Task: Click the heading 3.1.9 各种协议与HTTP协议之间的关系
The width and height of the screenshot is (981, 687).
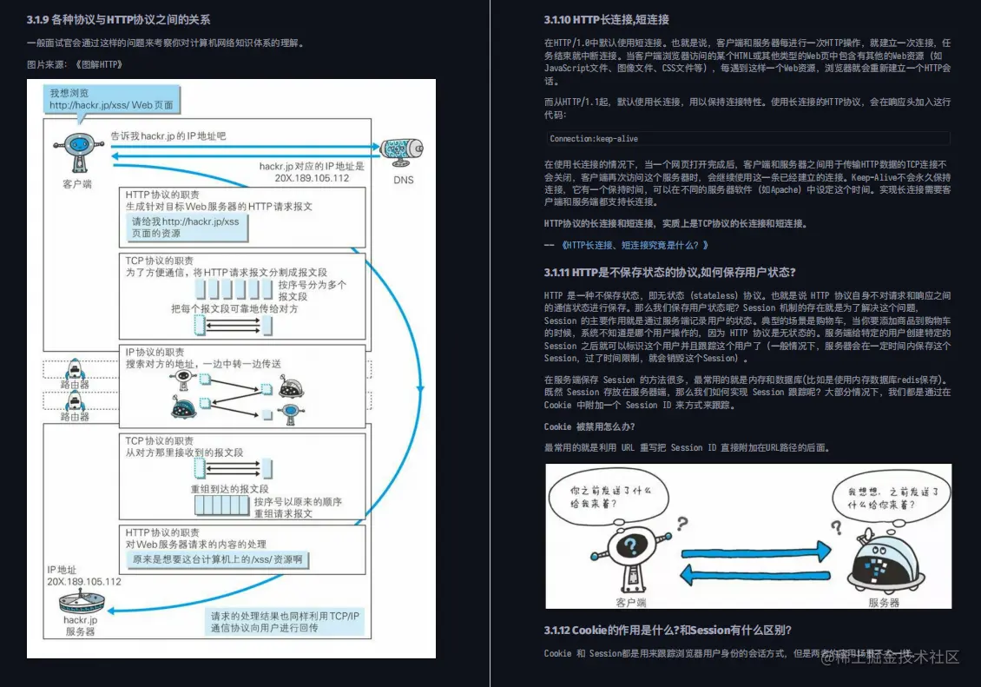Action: tap(118, 19)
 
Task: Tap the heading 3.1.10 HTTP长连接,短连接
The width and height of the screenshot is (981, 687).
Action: tap(606, 19)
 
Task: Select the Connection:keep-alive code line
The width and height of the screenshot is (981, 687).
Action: tap(594, 138)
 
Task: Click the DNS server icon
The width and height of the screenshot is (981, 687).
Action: tap(402, 150)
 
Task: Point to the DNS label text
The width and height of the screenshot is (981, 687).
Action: tap(403, 180)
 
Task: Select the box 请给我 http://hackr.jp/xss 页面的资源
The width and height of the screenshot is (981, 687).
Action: tap(184, 228)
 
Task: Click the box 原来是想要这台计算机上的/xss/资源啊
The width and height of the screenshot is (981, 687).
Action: tap(217, 559)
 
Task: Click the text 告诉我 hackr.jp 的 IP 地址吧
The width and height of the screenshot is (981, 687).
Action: tap(168, 136)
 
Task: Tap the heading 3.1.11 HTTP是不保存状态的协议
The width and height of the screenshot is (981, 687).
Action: tap(669, 272)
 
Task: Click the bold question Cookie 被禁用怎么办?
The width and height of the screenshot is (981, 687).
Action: tap(589, 426)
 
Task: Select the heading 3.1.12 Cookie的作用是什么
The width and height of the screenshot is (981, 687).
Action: tap(667, 630)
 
